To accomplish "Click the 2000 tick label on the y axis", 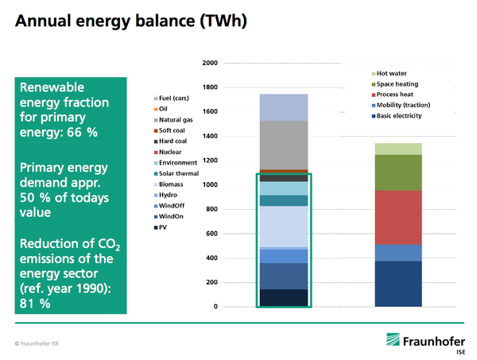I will [x=209, y=63].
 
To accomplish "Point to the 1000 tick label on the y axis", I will [x=209, y=185].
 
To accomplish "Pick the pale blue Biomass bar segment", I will [x=285, y=226].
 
